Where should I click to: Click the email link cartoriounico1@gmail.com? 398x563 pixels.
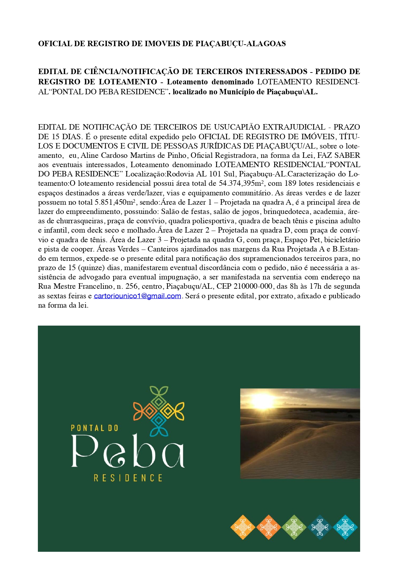pos(137,296)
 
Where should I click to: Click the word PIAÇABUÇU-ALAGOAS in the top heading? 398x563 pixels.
pos(240,44)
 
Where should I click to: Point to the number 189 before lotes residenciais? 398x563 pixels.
pos(290,183)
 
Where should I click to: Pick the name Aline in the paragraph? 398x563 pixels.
pos(89,156)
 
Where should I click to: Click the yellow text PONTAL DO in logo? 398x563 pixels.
pos(94,428)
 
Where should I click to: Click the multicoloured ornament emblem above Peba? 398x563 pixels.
pos(159,411)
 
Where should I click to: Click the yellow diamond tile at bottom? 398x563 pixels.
pos(243,527)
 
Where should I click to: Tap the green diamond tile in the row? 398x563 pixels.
pos(294,527)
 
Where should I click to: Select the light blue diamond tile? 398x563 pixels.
pos(345,527)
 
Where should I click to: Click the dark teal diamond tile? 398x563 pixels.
pos(320,527)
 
